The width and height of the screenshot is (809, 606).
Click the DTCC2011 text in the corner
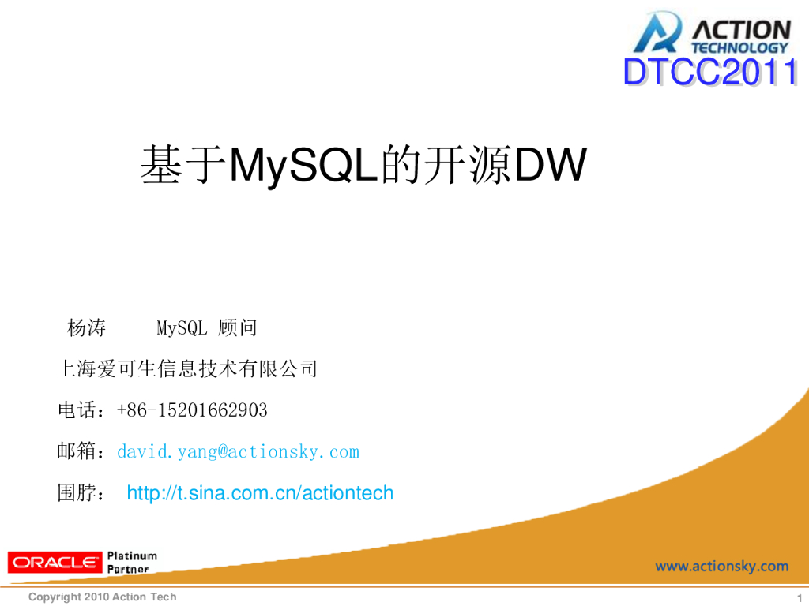pos(709,73)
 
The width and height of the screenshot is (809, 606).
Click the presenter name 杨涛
pos(86,327)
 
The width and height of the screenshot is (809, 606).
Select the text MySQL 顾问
pos(206,327)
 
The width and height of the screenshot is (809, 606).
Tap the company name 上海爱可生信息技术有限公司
pos(187,368)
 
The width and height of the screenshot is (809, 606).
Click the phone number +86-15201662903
pos(192,410)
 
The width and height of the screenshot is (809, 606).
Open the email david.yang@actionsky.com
pos(238,452)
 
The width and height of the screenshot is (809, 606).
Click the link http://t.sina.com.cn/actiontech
pos(260,494)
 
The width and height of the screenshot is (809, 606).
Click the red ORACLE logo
pos(55,563)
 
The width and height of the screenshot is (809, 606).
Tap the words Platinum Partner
pos(132,563)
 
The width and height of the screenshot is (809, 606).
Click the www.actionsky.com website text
pos(721,566)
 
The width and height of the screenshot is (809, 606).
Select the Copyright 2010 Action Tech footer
pos(103,597)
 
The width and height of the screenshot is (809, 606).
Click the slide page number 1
pos(799,597)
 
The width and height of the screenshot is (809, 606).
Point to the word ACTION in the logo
pos(740,30)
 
